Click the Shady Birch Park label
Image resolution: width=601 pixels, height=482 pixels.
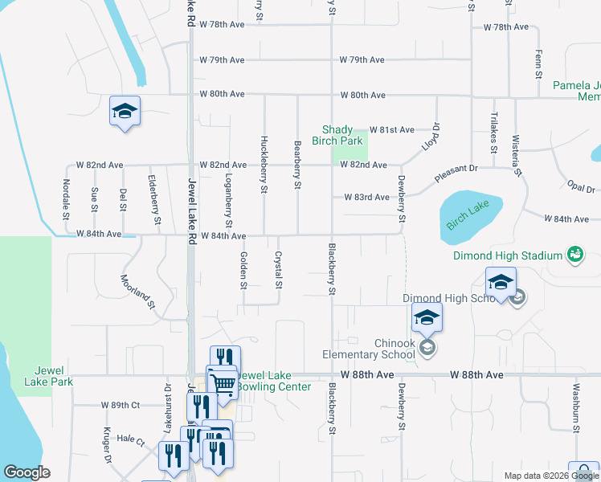pyautogui.click(x=342, y=135)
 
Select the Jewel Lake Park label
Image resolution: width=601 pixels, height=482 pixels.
pyautogui.click(x=54, y=376)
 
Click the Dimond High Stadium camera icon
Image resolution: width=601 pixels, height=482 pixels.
pyautogui.click(x=574, y=255)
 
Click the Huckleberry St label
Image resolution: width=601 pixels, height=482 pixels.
pyautogui.click(x=264, y=164)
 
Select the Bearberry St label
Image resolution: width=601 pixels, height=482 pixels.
pyautogui.click(x=297, y=165)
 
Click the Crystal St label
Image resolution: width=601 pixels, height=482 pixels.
pyautogui.click(x=278, y=270)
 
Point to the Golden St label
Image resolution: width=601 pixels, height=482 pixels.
pyautogui.click(x=243, y=269)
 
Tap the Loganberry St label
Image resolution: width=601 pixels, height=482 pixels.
pyautogui.click(x=229, y=198)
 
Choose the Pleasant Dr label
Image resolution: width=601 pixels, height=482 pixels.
pyautogui.click(x=456, y=172)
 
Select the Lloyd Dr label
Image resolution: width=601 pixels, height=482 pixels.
pyautogui.click(x=431, y=137)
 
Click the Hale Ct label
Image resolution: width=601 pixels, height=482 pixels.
pyautogui.click(x=130, y=440)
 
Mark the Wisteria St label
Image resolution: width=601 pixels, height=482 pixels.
pyautogui.click(x=517, y=156)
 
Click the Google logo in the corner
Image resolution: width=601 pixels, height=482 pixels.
pyautogui.click(x=27, y=472)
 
